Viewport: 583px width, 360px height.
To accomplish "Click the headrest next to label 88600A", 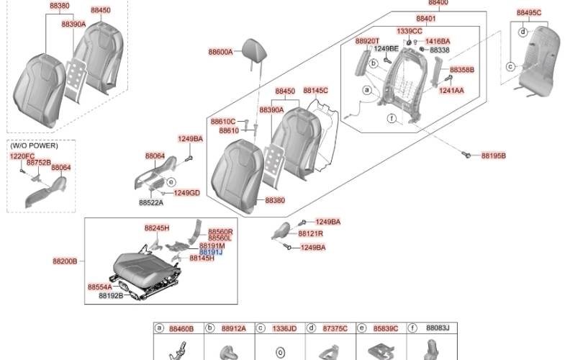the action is click(254, 50).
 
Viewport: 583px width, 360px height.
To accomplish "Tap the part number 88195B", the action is click(494, 156).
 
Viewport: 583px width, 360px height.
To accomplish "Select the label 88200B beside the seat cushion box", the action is click(65, 261).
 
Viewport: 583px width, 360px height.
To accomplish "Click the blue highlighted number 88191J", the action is click(211, 252).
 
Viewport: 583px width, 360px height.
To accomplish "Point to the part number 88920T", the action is click(367, 41).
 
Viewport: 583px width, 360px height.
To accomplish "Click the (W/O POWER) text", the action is click(35, 145).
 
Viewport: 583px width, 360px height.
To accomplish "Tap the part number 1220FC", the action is click(22, 156).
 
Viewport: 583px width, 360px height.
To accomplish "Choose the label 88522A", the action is click(151, 203).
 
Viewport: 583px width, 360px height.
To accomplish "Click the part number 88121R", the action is click(310, 233).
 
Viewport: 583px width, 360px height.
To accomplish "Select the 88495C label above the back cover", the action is click(529, 13).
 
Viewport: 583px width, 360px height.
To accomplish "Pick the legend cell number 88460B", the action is click(181, 329).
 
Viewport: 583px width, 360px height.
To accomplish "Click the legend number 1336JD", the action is click(284, 328).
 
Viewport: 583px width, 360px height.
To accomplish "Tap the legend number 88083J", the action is click(438, 328).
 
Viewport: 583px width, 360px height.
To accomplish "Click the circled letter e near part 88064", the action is click(171, 182).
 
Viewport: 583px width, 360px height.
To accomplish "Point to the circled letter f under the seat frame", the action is click(392, 118).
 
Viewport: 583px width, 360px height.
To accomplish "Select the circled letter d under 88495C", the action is click(523, 32).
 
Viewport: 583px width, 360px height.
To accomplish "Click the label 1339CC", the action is click(410, 31).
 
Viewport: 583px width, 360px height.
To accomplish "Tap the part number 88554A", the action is click(99, 287).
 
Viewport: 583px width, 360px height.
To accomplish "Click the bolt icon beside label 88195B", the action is click(466, 154).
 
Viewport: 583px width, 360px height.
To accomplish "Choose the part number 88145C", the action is click(315, 91).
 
